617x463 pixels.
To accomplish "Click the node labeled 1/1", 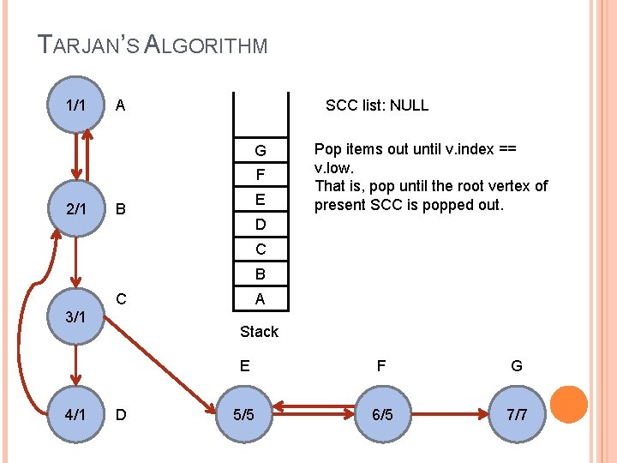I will pyautogui.click(x=75, y=105).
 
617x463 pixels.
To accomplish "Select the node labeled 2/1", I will pyautogui.click(x=75, y=208).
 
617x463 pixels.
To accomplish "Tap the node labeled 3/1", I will pyautogui.click(x=75, y=316).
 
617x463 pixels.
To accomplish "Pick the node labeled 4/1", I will pyautogui.click(x=75, y=414).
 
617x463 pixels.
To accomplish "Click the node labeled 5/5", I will pyautogui.click(x=244, y=414).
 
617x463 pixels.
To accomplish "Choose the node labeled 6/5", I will pyautogui.click(x=381, y=414).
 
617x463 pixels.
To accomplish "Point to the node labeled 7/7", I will pyautogui.click(x=517, y=414).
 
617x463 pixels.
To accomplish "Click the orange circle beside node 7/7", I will pyautogui.click(x=568, y=405).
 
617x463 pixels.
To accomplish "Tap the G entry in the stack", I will pyautogui.click(x=260, y=151).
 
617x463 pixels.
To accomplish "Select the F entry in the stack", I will pyautogui.click(x=260, y=175).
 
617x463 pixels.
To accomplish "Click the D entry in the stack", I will pyautogui.click(x=260, y=225).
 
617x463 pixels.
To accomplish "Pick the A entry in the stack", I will pyautogui.click(x=260, y=298).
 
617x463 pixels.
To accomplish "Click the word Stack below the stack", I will pyautogui.click(x=259, y=331).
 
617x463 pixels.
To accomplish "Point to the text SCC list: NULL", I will pyautogui.click(x=377, y=105).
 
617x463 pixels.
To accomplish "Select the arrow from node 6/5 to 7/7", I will pyautogui.click(x=449, y=414).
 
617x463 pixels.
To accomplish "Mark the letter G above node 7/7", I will pyautogui.click(x=517, y=366).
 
